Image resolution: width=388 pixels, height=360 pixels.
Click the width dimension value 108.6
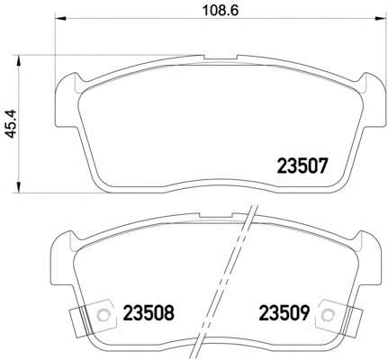coord(221,11)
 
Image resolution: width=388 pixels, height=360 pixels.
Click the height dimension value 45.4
coord(12,123)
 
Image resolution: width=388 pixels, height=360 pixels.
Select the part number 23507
coord(302,166)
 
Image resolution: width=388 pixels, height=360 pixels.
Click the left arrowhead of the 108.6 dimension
coord(60,19)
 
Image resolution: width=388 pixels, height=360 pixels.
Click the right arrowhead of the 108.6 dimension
coord(380,19)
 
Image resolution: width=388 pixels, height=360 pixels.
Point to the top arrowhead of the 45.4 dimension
coord(19,60)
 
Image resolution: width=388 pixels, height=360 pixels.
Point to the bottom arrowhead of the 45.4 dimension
coord(19,187)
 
